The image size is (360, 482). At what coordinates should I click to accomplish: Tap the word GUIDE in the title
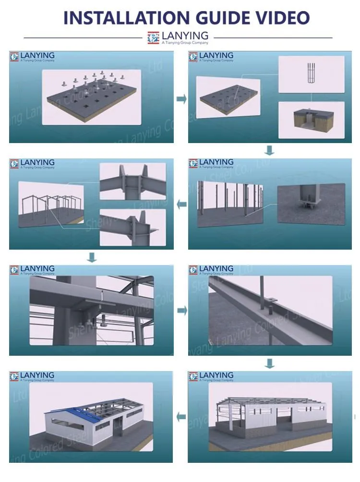tap(225, 18)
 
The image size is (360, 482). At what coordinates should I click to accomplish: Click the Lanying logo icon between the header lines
tap(153, 38)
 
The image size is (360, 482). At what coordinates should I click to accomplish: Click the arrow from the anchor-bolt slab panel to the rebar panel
tap(181, 99)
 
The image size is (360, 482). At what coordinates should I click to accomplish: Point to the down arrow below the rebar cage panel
tap(270, 151)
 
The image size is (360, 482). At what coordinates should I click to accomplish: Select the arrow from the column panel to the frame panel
tap(181, 205)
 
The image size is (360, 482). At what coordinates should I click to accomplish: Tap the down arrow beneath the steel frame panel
tap(92, 258)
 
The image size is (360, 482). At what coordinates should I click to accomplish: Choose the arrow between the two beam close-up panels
tap(181, 311)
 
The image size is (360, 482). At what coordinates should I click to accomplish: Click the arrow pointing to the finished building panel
tap(181, 417)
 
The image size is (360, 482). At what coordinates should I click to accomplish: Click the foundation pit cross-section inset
tap(311, 120)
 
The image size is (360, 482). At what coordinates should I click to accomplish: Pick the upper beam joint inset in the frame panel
tap(132, 181)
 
